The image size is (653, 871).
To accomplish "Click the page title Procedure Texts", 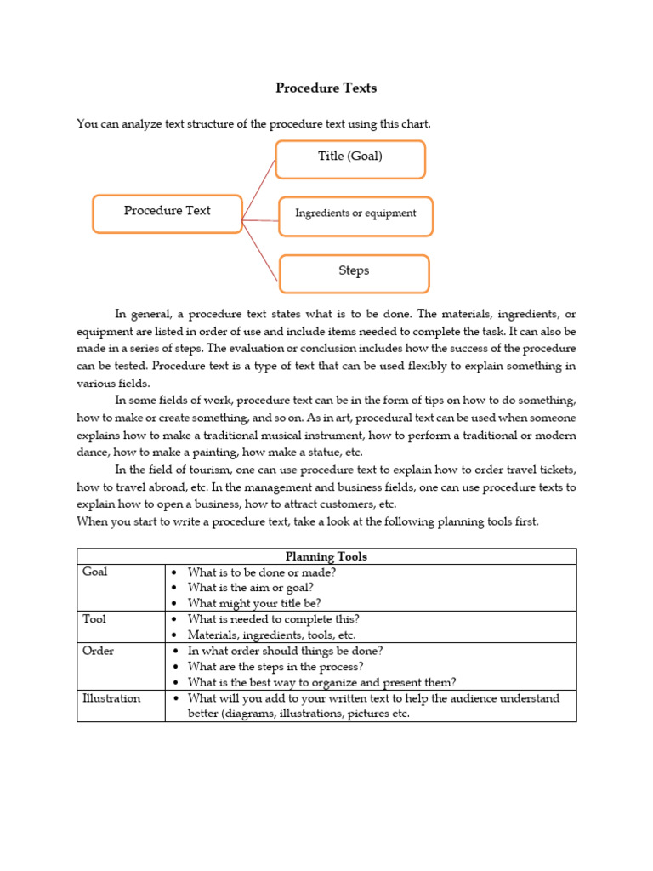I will pyautogui.click(x=326, y=88).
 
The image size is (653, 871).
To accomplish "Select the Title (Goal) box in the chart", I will pyautogui.click(x=349, y=157).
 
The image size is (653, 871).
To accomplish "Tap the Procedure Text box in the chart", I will pyautogui.click(x=168, y=212).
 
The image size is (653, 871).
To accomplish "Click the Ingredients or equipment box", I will pyautogui.click(x=355, y=214).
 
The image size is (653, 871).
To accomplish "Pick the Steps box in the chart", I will pyautogui.click(x=354, y=272).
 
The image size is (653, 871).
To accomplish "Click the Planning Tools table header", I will pyautogui.click(x=326, y=556).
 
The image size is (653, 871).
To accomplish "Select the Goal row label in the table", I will pyautogui.click(x=95, y=572).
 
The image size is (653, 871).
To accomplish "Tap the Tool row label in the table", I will pyautogui.click(x=94, y=619).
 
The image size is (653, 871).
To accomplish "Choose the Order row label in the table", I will pyautogui.click(x=98, y=651).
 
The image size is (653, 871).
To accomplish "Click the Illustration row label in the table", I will pyautogui.click(x=111, y=698).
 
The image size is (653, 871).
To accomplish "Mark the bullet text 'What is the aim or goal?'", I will pyautogui.click(x=251, y=588).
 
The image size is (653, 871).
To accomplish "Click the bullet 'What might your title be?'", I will pyautogui.click(x=254, y=603).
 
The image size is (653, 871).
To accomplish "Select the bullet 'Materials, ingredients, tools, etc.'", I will pyautogui.click(x=271, y=635).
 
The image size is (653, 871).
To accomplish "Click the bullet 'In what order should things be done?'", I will pyautogui.click(x=285, y=651).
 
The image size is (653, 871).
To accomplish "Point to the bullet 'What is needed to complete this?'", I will pyautogui.click(x=273, y=619).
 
